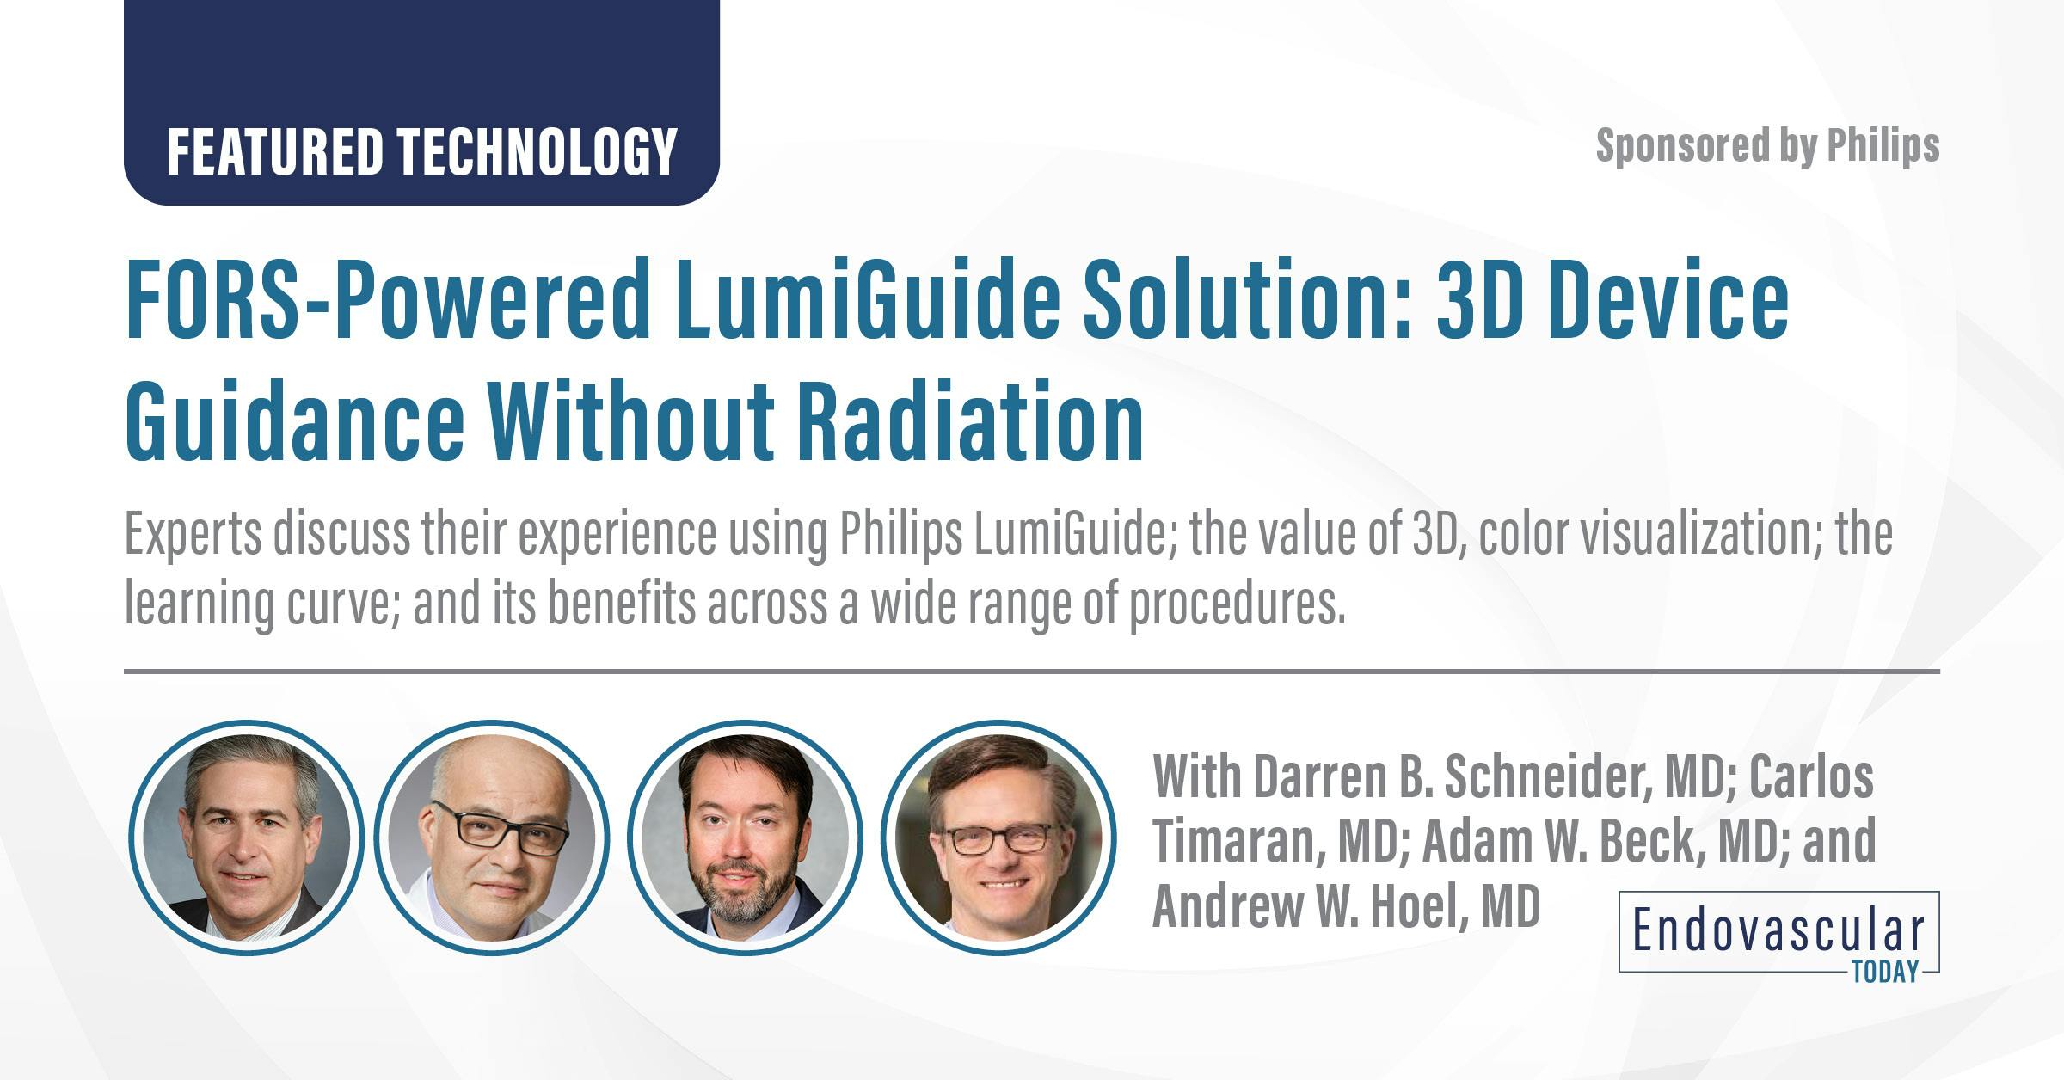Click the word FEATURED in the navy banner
coord(273,152)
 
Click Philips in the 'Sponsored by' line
coord(1883,146)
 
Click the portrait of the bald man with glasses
coord(492,838)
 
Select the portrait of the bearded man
coord(745,838)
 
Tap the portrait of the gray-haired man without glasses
coord(247,838)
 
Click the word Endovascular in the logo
coord(1778,931)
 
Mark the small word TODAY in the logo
coord(1884,972)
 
